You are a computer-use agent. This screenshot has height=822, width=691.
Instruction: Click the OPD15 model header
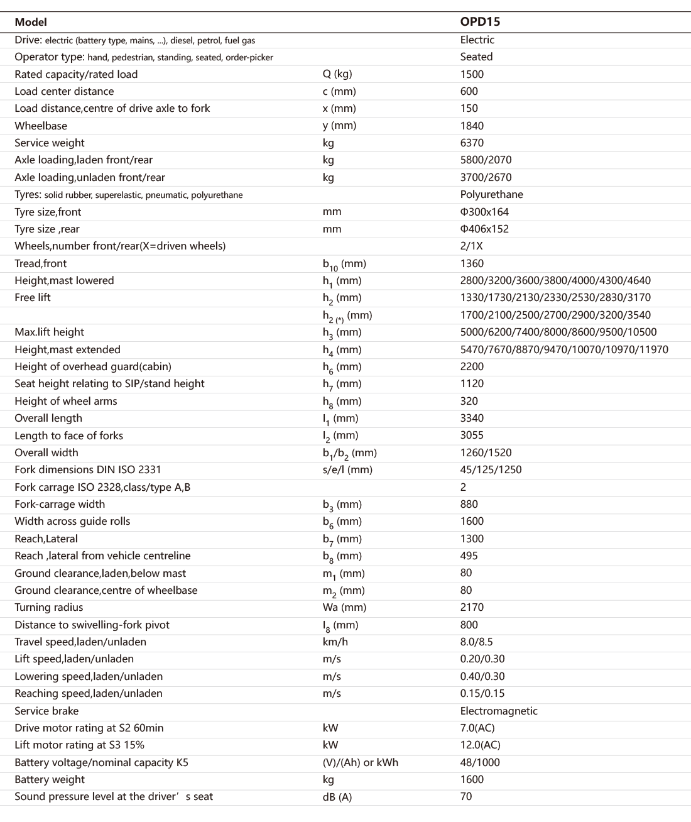(480, 22)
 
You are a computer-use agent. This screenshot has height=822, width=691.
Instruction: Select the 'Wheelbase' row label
(41, 126)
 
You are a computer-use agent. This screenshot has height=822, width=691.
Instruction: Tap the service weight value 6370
(472, 143)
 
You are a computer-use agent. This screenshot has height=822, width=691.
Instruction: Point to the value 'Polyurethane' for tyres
(491, 194)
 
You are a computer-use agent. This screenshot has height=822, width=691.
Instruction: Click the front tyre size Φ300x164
(484, 212)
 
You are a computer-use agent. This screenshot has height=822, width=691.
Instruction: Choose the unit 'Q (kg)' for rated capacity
(337, 74)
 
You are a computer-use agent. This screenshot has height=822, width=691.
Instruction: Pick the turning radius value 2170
(472, 607)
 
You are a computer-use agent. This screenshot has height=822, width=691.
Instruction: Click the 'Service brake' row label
(46, 711)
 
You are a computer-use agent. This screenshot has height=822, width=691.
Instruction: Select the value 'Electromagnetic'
(499, 711)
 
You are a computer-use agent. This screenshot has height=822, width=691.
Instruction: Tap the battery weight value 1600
(472, 779)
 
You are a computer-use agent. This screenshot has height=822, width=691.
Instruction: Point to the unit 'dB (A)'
(337, 797)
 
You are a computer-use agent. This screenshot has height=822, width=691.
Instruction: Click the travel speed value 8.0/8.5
(476, 642)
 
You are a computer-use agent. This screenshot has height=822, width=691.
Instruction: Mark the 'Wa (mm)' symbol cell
(344, 607)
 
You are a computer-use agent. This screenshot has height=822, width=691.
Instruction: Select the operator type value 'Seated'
(476, 57)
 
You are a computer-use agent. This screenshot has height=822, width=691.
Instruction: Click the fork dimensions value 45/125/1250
(491, 469)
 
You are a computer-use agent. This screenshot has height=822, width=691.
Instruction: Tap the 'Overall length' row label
(48, 418)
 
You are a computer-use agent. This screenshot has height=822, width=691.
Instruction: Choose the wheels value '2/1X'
(471, 246)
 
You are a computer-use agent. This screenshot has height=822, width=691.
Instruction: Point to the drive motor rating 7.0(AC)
(477, 728)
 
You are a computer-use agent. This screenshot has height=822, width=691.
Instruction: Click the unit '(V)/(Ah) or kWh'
(360, 762)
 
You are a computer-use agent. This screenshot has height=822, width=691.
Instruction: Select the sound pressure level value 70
(466, 796)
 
